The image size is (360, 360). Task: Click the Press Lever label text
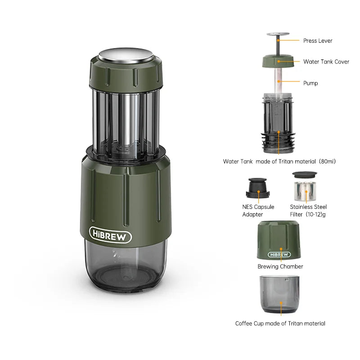click(318, 40)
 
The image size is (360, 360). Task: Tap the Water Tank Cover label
click(326, 62)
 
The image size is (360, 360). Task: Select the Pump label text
click(310, 83)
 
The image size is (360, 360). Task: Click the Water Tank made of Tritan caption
click(279, 161)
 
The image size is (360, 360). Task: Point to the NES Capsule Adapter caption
click(258, 211)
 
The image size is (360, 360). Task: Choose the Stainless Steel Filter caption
click(308, 211)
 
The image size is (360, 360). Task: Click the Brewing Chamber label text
click(280, 266)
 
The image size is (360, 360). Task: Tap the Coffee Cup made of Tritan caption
click(280, 323)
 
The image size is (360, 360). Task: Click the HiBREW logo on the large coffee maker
click(110, 235)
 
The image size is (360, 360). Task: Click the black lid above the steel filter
click(305, 175)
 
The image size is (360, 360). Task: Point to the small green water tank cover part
click(279, 61)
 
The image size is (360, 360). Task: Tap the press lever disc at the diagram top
click(279, 34)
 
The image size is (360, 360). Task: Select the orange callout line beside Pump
click(290, 81)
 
